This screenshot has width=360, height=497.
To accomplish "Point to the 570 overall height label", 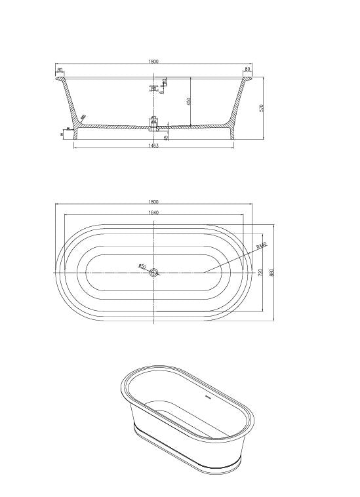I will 261,108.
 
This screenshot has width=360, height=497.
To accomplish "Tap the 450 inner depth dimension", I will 188,102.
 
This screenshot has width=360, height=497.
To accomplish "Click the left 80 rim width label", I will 60,70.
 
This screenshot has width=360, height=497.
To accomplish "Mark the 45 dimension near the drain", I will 167,137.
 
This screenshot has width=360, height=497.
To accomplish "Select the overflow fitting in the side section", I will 155,87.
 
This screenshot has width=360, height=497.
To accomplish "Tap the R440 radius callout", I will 261,247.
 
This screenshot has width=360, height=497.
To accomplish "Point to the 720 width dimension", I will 261,271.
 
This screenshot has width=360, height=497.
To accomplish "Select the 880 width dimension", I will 271,271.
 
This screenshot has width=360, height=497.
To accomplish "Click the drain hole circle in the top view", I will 155,272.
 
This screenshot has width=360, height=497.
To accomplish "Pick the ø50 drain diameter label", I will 142,266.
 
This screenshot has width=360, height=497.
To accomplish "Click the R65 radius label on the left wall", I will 83,118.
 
